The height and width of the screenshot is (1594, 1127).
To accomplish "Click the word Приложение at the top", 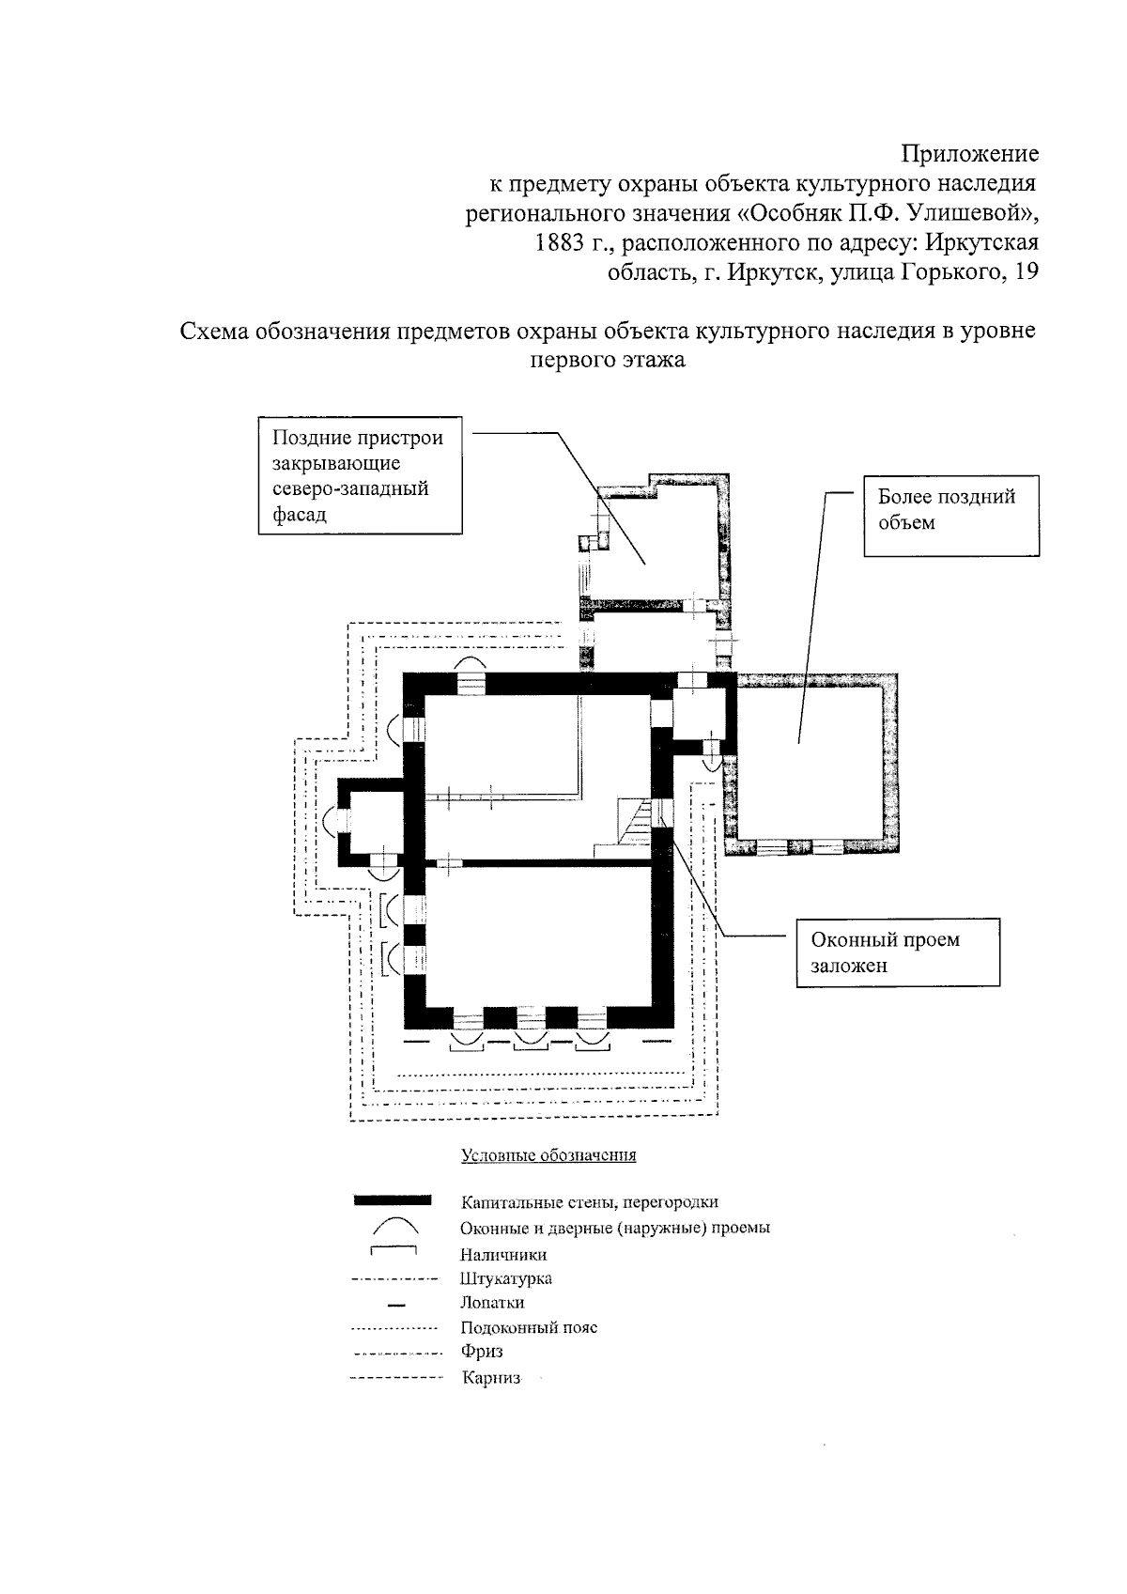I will [969, 153].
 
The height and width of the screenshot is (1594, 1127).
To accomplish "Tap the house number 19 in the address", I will [1027, 273].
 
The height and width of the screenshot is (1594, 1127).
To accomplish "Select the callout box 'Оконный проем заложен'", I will [898, 952].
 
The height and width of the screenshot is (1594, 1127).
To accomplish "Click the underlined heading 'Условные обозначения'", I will [548, 1155].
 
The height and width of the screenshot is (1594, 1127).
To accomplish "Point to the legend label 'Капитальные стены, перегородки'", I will [590, 1202].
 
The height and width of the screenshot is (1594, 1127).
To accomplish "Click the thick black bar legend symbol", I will [393, 1200].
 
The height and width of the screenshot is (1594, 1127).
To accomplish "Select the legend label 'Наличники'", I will [503, 1255].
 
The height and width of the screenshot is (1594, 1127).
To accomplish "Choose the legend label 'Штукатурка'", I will [506, 1279].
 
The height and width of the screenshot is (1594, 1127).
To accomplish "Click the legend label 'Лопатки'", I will [492, 1304].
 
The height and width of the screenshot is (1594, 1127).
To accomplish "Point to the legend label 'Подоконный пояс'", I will [529, 1328].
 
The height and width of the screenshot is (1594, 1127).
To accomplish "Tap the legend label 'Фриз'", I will [482, 1353].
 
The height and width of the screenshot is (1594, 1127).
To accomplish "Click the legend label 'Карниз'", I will [491, 1379].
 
